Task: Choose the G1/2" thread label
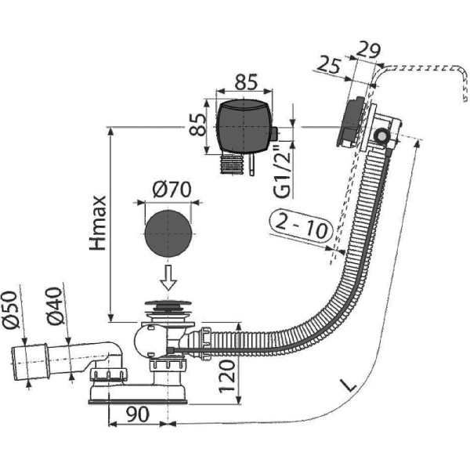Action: point(287,172)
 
